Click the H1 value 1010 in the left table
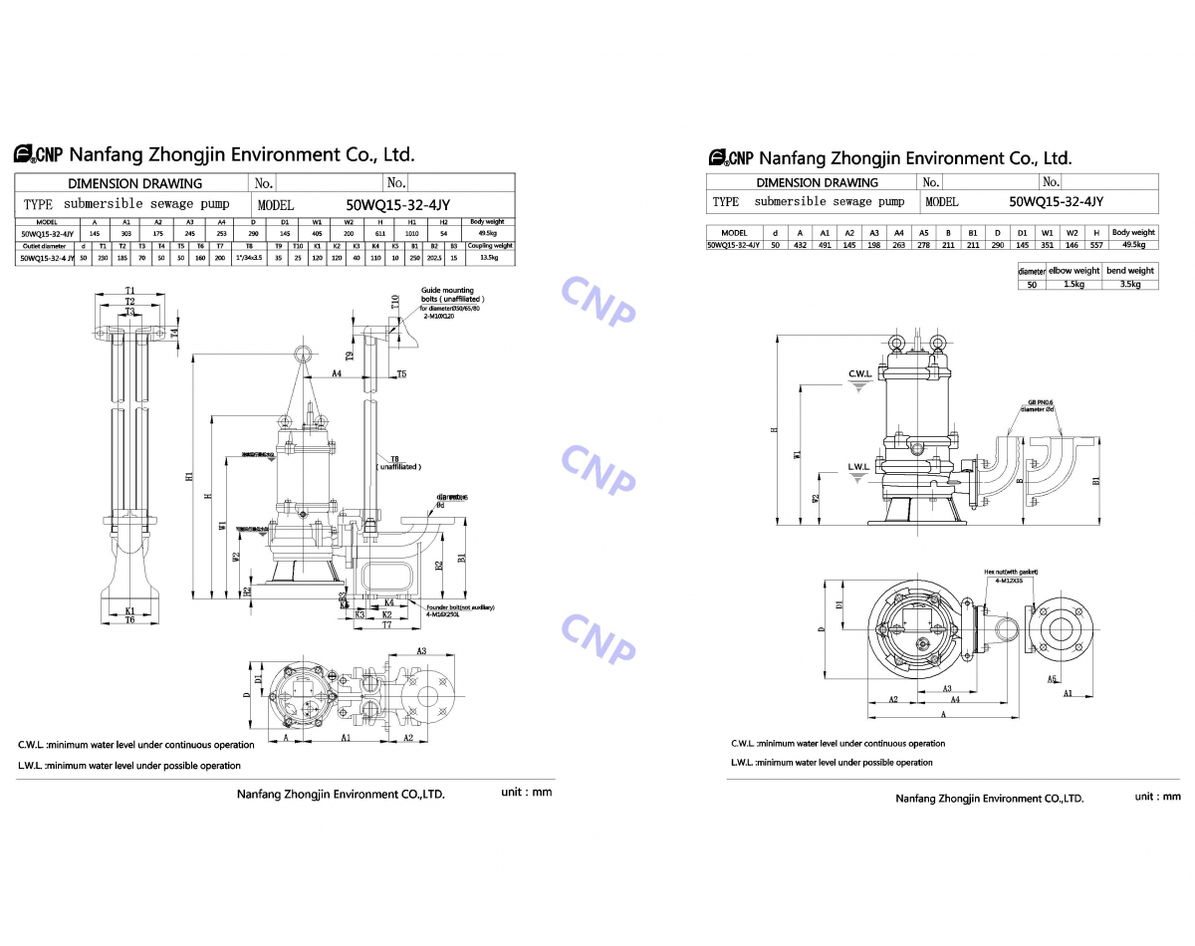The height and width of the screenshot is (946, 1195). [x=411, y=235]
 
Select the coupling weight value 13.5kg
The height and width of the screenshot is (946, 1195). [x=490, y=257]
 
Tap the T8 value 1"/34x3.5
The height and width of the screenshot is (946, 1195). [x=248, y=257]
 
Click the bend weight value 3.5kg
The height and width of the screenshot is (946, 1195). [x=1129, y=285]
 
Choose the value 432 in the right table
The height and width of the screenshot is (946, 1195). [x=800, y=244]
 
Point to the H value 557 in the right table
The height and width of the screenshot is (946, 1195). [x=1095, y=244]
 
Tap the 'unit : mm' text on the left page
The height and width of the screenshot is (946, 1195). [x=526, y=792]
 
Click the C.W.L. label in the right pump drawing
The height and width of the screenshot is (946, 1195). [x=859, y=374]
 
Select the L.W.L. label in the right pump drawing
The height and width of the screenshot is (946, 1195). [x=858, y=466]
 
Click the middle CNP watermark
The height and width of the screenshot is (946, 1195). [x=597, y=468]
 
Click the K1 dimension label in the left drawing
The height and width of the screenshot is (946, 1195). [x=129, y=610]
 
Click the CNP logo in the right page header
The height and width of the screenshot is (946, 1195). [x=733, y=157]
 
